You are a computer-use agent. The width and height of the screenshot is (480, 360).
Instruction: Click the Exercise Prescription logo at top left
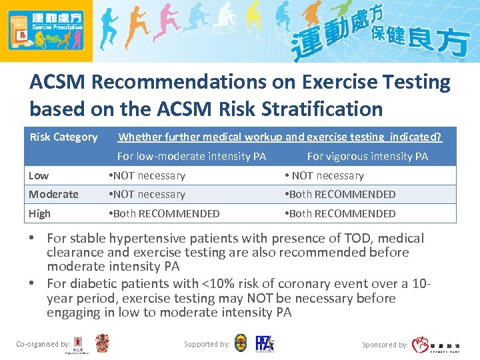coord(46,31)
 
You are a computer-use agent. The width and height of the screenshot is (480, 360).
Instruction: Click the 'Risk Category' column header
coord(64,137)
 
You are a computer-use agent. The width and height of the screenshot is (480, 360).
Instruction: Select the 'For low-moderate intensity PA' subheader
coord(191,157)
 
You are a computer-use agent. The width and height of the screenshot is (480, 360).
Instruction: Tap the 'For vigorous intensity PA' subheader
coord(367,157)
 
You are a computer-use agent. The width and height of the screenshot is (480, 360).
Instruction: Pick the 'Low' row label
coord(39,176)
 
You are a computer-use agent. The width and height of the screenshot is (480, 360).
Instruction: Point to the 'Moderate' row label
coord(53,195)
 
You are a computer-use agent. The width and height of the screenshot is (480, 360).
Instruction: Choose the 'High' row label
coord(39,214)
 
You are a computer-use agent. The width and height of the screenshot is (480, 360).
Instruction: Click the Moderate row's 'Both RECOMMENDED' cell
coord(340,195)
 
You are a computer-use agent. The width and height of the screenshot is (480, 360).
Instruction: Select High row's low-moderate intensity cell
coord(164,214)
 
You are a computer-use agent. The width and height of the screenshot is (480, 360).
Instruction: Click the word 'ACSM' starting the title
coord(58,82)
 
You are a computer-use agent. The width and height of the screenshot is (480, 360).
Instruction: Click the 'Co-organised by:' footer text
coord(43,345)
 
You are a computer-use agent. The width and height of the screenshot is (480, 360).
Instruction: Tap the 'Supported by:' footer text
coord(207,345)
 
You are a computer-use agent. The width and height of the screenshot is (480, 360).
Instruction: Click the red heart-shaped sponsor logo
coord(420,345)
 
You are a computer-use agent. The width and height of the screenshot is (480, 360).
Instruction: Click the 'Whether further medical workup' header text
coord(200,137)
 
